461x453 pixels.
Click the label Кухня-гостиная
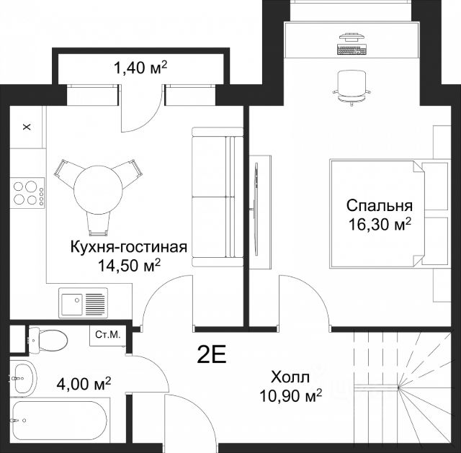click(x=129, y=247)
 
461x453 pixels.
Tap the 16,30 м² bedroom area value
click(x=380, y=225)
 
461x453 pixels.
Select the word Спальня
click(x=380, y=205)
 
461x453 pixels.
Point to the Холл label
click(x=290, y=377)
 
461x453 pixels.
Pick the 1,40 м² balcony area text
click(x=140, y=68)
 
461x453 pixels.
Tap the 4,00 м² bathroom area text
click(x=84, y=384)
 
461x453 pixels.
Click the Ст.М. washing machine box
click(x=108, y=336)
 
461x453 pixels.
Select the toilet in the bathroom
click(x=48, y=340)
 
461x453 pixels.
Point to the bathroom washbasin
click(x=24, y=378)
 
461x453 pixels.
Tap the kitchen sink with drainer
click(x=84, y=302)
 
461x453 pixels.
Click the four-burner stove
click(x=27, y=193)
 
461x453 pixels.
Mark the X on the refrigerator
click(x=27, y=127)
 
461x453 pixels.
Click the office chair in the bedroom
click(x=352, y=87)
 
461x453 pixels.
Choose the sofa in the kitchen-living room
click(x=218, y=197)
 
